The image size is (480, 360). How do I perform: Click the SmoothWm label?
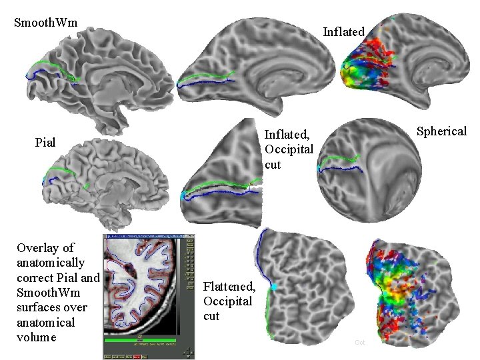tap(45, 23)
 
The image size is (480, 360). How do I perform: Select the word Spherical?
tap(441, 131)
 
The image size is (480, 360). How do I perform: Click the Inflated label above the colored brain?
tap(343, 31)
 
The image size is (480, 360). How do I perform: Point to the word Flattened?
tap(229, 287)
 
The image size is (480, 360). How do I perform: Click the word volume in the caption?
tap(37, 337)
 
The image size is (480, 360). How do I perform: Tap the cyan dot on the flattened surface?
tap(273, 287)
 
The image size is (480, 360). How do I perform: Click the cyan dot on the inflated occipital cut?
tap(185, 197)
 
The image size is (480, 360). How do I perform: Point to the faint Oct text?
tap(360, 342)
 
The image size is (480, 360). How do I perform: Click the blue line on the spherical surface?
tap(340, 167)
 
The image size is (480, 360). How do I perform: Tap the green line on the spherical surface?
tap(340, 158)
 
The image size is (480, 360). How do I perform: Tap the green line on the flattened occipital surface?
tap(268, 313)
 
